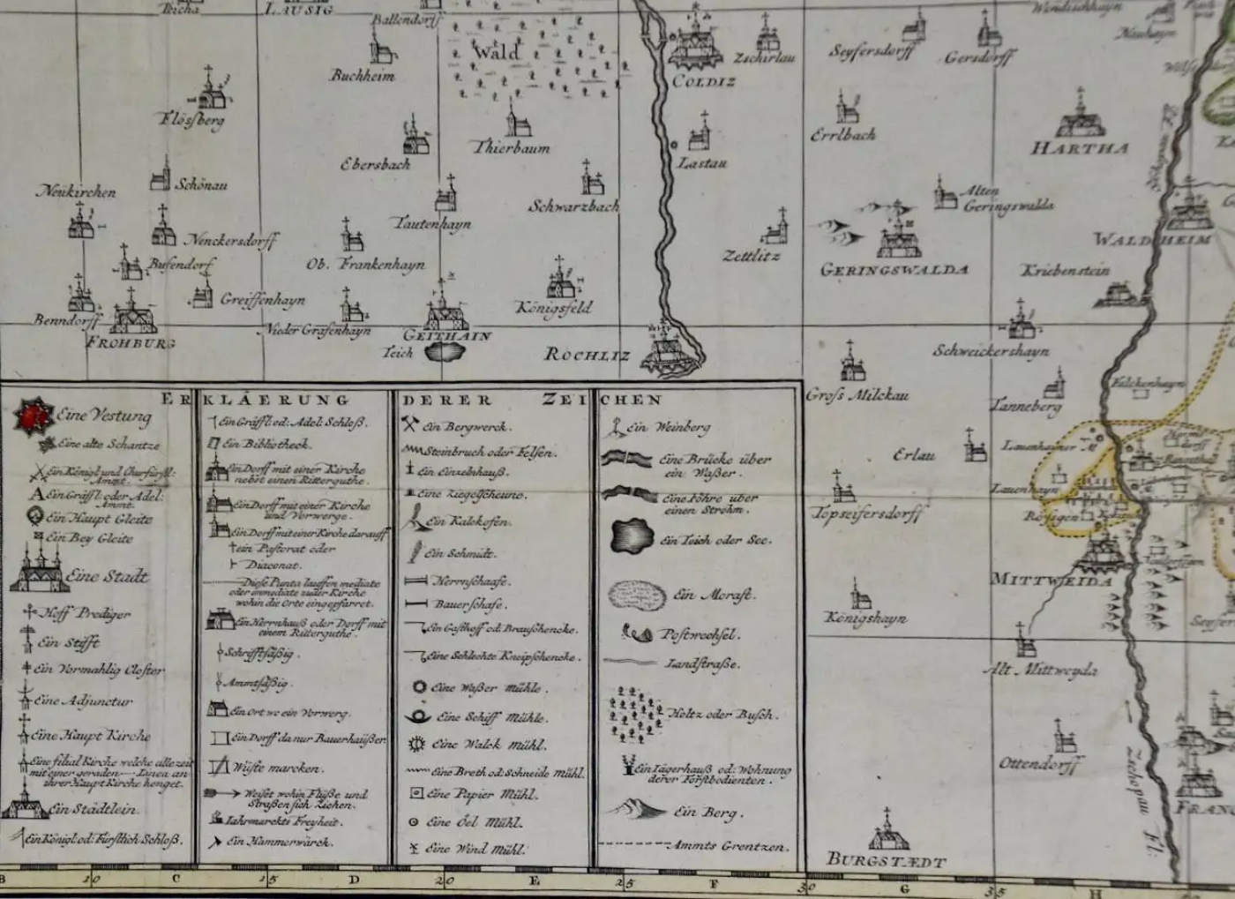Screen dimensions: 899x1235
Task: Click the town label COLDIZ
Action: point(703,82)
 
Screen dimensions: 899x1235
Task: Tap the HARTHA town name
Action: point(1080,148)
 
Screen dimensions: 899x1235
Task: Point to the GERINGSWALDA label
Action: point(894,270)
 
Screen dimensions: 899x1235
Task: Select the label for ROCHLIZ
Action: point(587,355)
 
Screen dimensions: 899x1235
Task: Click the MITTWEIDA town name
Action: point(1050,580)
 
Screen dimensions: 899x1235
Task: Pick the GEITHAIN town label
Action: point(446,335)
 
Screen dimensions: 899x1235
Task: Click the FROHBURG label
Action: point(130,342)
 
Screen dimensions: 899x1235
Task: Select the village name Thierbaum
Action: point(512,148)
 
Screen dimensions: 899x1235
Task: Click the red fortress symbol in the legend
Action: point(34,416)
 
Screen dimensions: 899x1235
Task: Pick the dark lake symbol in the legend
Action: point(632,535)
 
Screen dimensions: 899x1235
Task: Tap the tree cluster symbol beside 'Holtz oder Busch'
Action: point(636,712)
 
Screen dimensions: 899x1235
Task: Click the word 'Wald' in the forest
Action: point(496,51)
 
